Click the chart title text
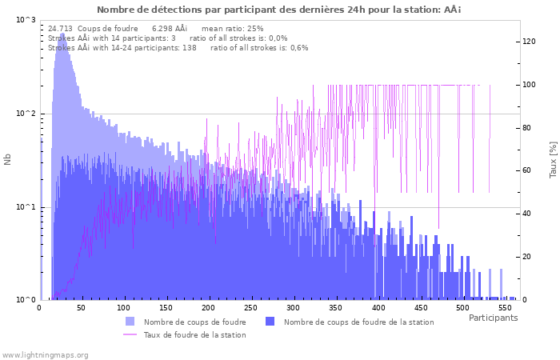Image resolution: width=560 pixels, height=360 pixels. click(279, 10)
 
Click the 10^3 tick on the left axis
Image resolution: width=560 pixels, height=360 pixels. click(26, 20)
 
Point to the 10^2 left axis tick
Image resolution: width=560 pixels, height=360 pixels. click(26, 114)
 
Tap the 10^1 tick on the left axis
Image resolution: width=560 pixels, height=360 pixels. click(26, 207)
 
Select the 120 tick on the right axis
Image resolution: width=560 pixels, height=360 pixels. click(530, 41)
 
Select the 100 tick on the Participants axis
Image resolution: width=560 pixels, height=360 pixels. click(123, 308)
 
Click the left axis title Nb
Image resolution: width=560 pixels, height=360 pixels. click(8, 159)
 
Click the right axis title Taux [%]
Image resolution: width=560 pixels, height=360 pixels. click(553, 159)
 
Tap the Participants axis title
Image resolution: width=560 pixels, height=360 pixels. click(493, 318)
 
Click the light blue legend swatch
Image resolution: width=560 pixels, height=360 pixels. click(130, 322)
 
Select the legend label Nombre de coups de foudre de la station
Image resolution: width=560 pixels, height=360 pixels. click(358, 322)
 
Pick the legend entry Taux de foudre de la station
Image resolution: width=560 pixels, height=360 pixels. click(194, 334)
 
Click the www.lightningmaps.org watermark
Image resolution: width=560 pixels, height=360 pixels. click(46, 354)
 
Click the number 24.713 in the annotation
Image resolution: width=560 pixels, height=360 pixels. click(60, 28)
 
